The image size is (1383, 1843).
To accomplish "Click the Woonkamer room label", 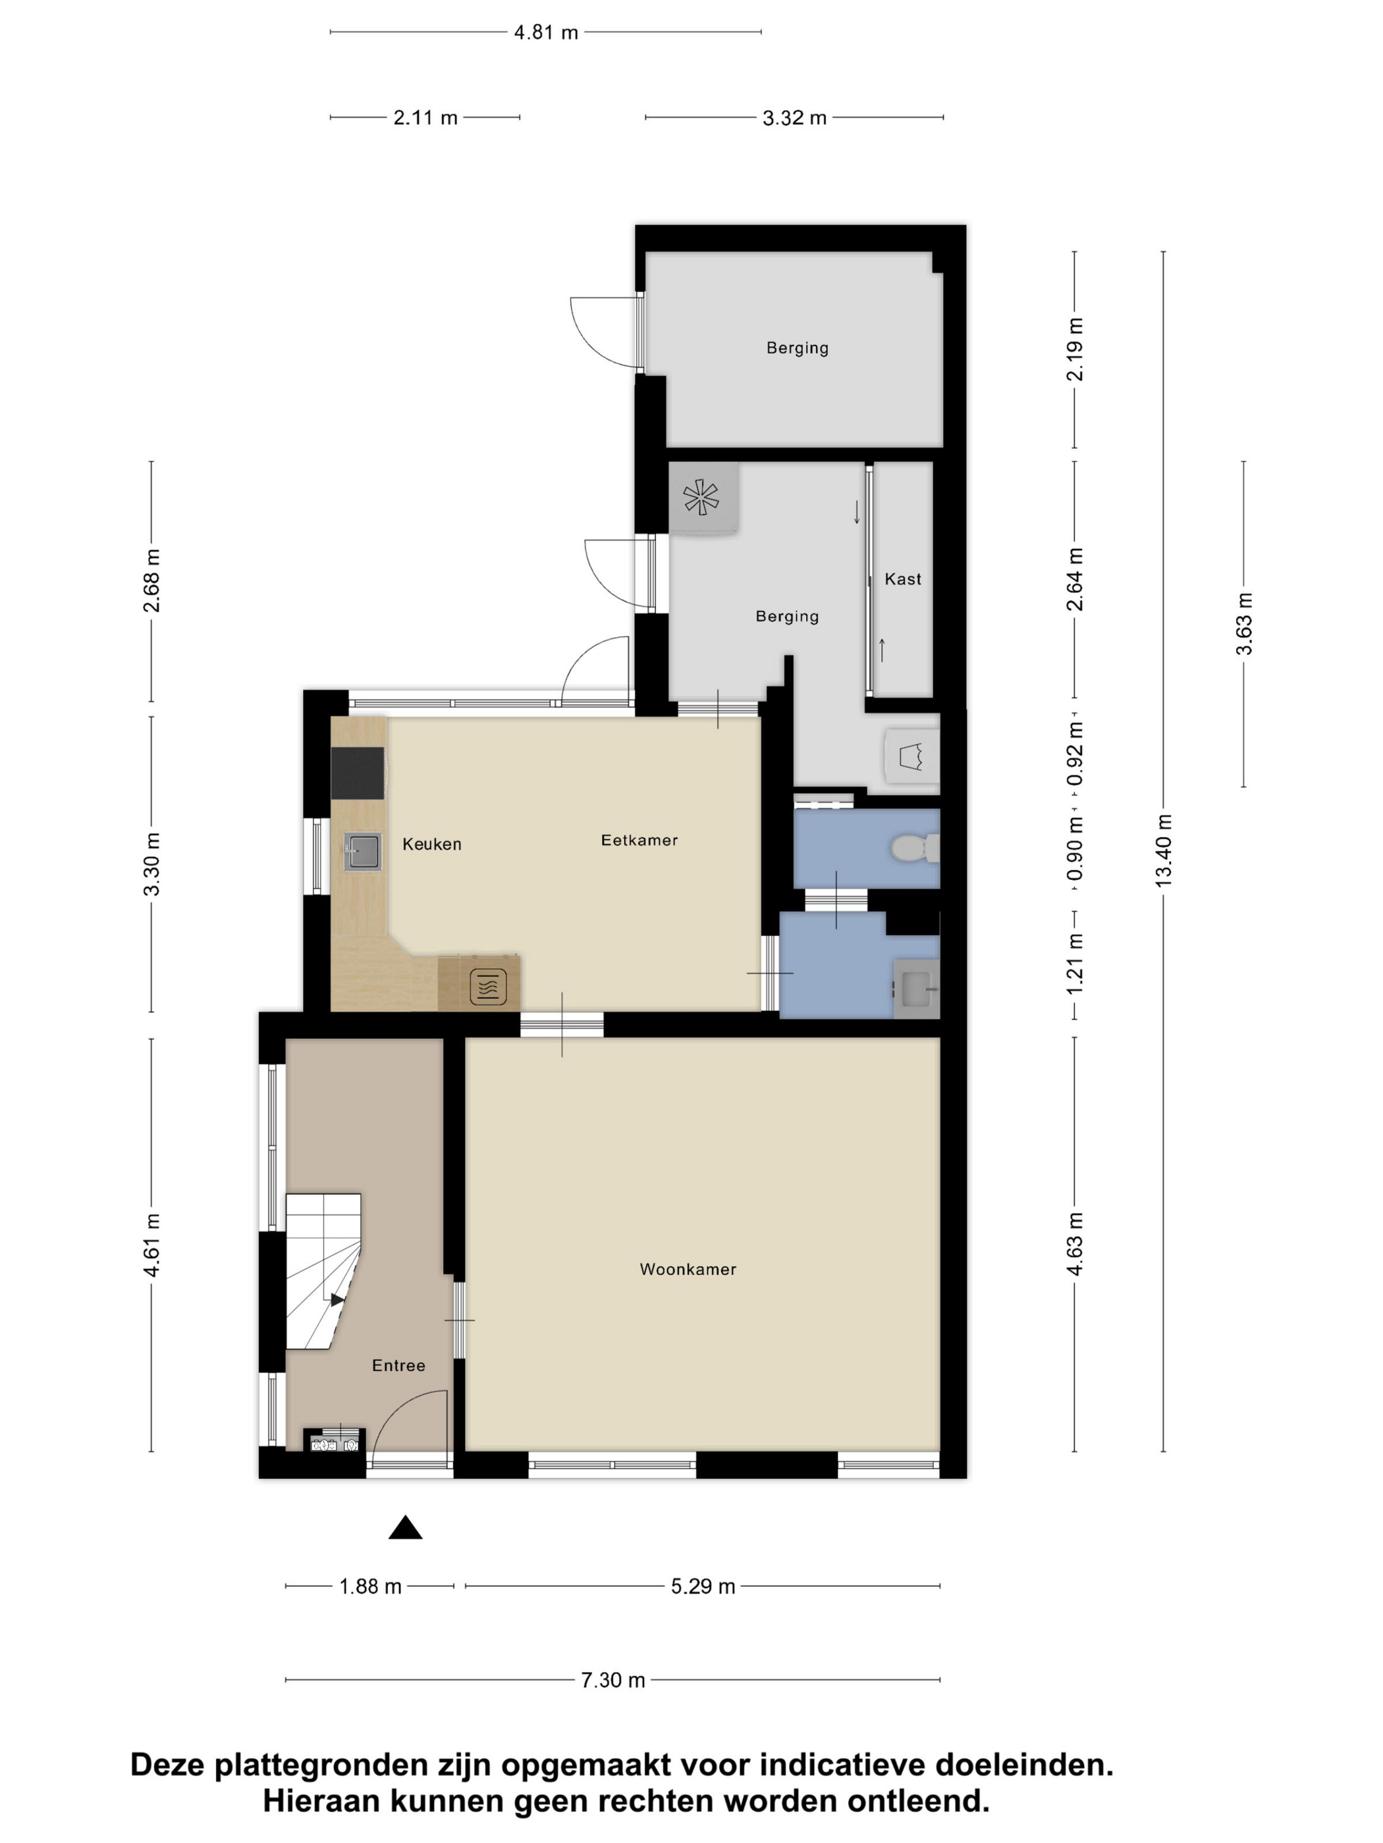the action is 688,1269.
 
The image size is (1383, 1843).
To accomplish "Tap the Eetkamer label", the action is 639,840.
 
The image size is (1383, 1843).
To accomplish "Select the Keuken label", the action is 432,844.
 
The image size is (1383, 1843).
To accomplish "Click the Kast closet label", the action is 903,579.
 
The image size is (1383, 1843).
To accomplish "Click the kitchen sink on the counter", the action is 363,852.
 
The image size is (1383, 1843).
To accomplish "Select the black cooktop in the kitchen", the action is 358,773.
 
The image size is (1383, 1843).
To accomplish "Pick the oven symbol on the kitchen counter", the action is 489,987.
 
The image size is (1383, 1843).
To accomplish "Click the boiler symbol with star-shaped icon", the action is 703,498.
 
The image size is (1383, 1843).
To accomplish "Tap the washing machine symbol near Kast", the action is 911,756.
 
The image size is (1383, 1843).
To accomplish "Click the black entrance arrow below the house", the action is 405,1527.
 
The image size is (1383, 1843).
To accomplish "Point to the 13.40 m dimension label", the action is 1164,850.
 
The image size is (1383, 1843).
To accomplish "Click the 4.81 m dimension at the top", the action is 546,32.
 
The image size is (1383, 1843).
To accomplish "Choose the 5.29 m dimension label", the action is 703,1586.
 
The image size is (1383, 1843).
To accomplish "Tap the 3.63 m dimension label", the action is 1244,624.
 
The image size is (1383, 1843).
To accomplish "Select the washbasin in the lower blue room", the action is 916,989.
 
